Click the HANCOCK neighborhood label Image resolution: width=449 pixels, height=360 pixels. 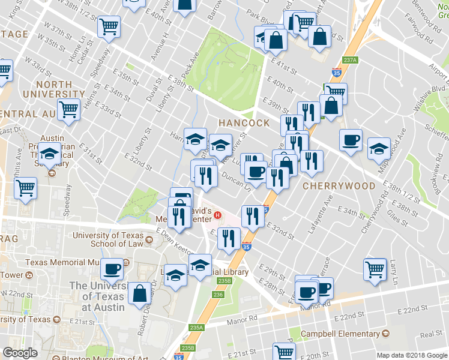coord(244,122)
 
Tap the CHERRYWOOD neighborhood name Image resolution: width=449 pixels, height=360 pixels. coord(339,186)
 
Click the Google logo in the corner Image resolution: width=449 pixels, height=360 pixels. coord(20,352)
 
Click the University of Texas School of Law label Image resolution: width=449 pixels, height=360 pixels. coord(108,239)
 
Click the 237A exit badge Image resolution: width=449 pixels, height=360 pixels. coord(351,59)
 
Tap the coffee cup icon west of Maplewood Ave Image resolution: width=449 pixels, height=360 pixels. coord(351,140)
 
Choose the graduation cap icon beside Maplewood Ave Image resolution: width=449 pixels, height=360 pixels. coord(379,148)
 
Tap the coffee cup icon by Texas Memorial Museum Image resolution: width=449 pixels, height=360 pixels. coord(112,269)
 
